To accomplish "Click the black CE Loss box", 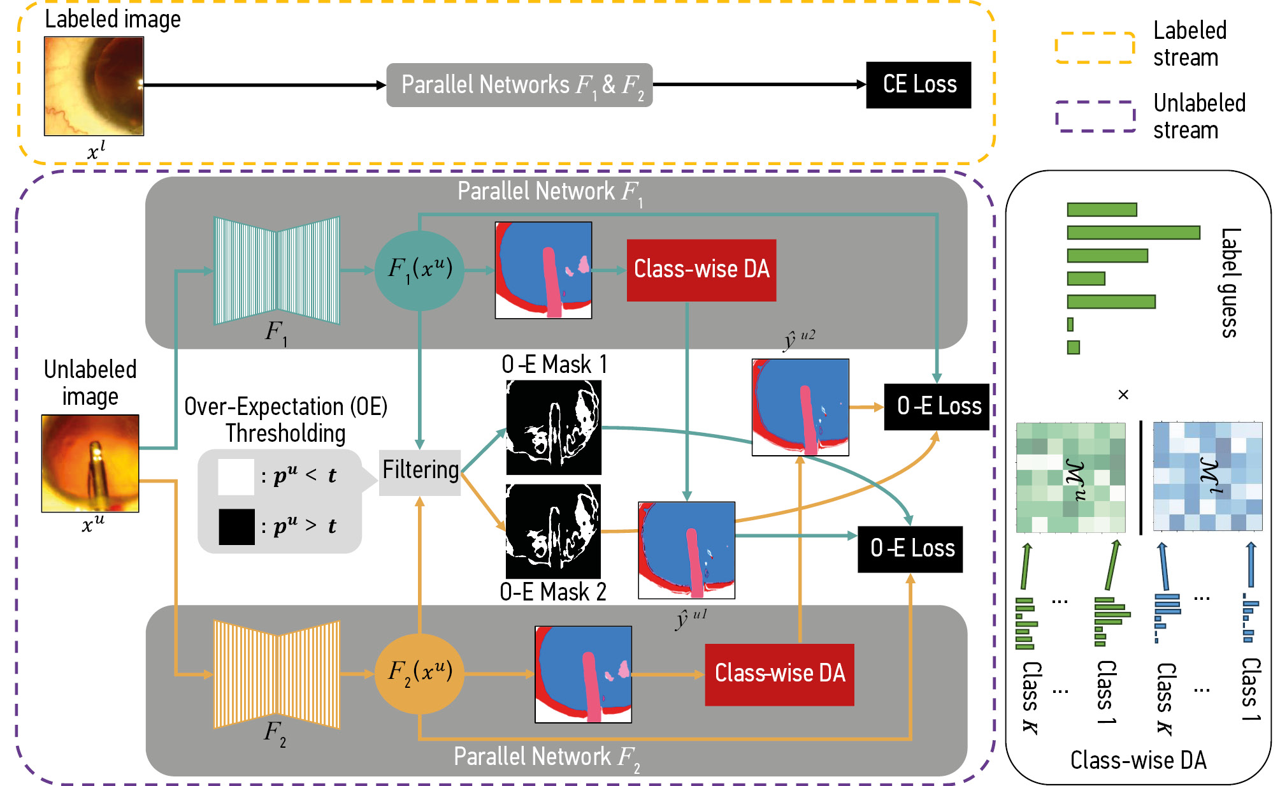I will [x=918, y=85].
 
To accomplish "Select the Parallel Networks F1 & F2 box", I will [x=519, y=85].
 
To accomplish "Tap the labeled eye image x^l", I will [x=94, y=86].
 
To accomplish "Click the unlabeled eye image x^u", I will [x=90, y=463].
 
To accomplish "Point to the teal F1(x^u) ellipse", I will [x=419, y=270].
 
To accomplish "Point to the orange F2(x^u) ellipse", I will [x=419, y=673].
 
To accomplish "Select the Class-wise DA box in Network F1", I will [x=701, y=270].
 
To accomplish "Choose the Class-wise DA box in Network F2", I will [x=779, y=674].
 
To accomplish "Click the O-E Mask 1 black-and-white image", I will [x=553, y=428].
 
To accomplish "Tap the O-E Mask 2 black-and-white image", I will [x=553, y=531].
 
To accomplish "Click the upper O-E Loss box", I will [x=937, y=407].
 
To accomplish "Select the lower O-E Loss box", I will [x=910, y=549].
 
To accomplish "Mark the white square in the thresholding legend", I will [x=236, y=477].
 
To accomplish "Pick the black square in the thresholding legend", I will [x=236, y=527].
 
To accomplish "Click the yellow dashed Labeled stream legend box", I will [x=1095, y=48].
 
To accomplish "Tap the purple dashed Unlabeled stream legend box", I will [x=1095, y=117].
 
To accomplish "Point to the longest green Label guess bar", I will [x=1133, y=233].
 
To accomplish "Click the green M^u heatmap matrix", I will [x=1070, y=477].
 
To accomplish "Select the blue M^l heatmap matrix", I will [x=1207, y=476].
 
